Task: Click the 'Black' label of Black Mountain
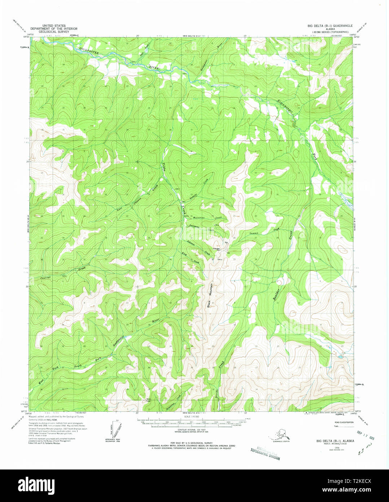coord(209,304)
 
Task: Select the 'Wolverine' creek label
coord(199,218)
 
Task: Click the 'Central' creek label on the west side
coord(46,278)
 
